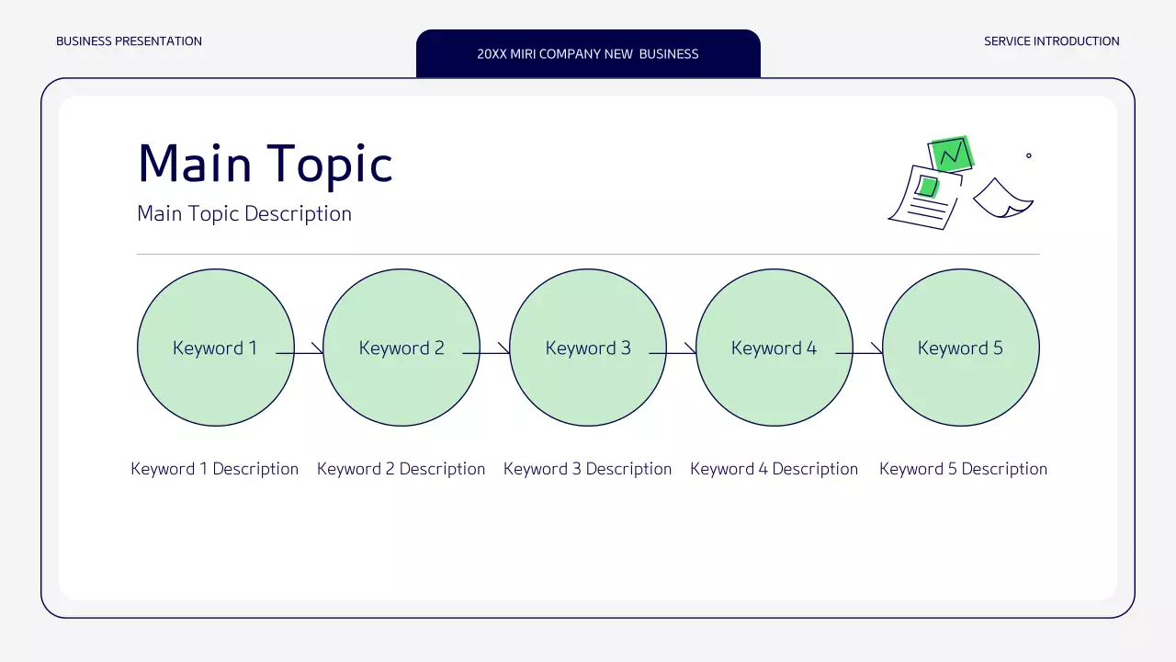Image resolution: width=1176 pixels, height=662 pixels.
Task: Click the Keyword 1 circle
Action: [x=215, y=386]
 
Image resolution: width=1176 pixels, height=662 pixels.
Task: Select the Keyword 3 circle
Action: [x=588, y=386]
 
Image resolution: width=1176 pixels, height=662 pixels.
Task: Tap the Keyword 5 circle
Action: [x=961, y=386]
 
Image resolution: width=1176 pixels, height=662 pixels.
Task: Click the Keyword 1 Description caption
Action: [x=215, y=469]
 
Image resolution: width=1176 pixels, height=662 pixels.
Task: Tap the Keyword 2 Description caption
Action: [x=401, y=469]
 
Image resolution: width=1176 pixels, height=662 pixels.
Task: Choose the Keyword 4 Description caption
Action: [x=775, y=469]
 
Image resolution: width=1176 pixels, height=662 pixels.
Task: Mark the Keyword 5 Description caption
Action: [x=963, y=469]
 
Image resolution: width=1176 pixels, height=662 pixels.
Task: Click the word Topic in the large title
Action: [x=330, y=165]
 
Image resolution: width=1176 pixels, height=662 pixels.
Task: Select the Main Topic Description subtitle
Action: [x=244, y=214]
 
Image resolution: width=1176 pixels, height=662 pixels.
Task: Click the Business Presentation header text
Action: [x=130, y=41]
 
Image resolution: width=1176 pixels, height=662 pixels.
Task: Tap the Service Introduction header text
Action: [x=1052, y=41]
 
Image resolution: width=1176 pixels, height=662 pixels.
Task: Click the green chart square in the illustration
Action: [x=952, y=153]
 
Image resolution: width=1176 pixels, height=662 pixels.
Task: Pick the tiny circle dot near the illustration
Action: [x=1028, y=155]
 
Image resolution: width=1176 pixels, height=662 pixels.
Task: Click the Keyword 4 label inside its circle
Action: [x=774, y=348]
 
